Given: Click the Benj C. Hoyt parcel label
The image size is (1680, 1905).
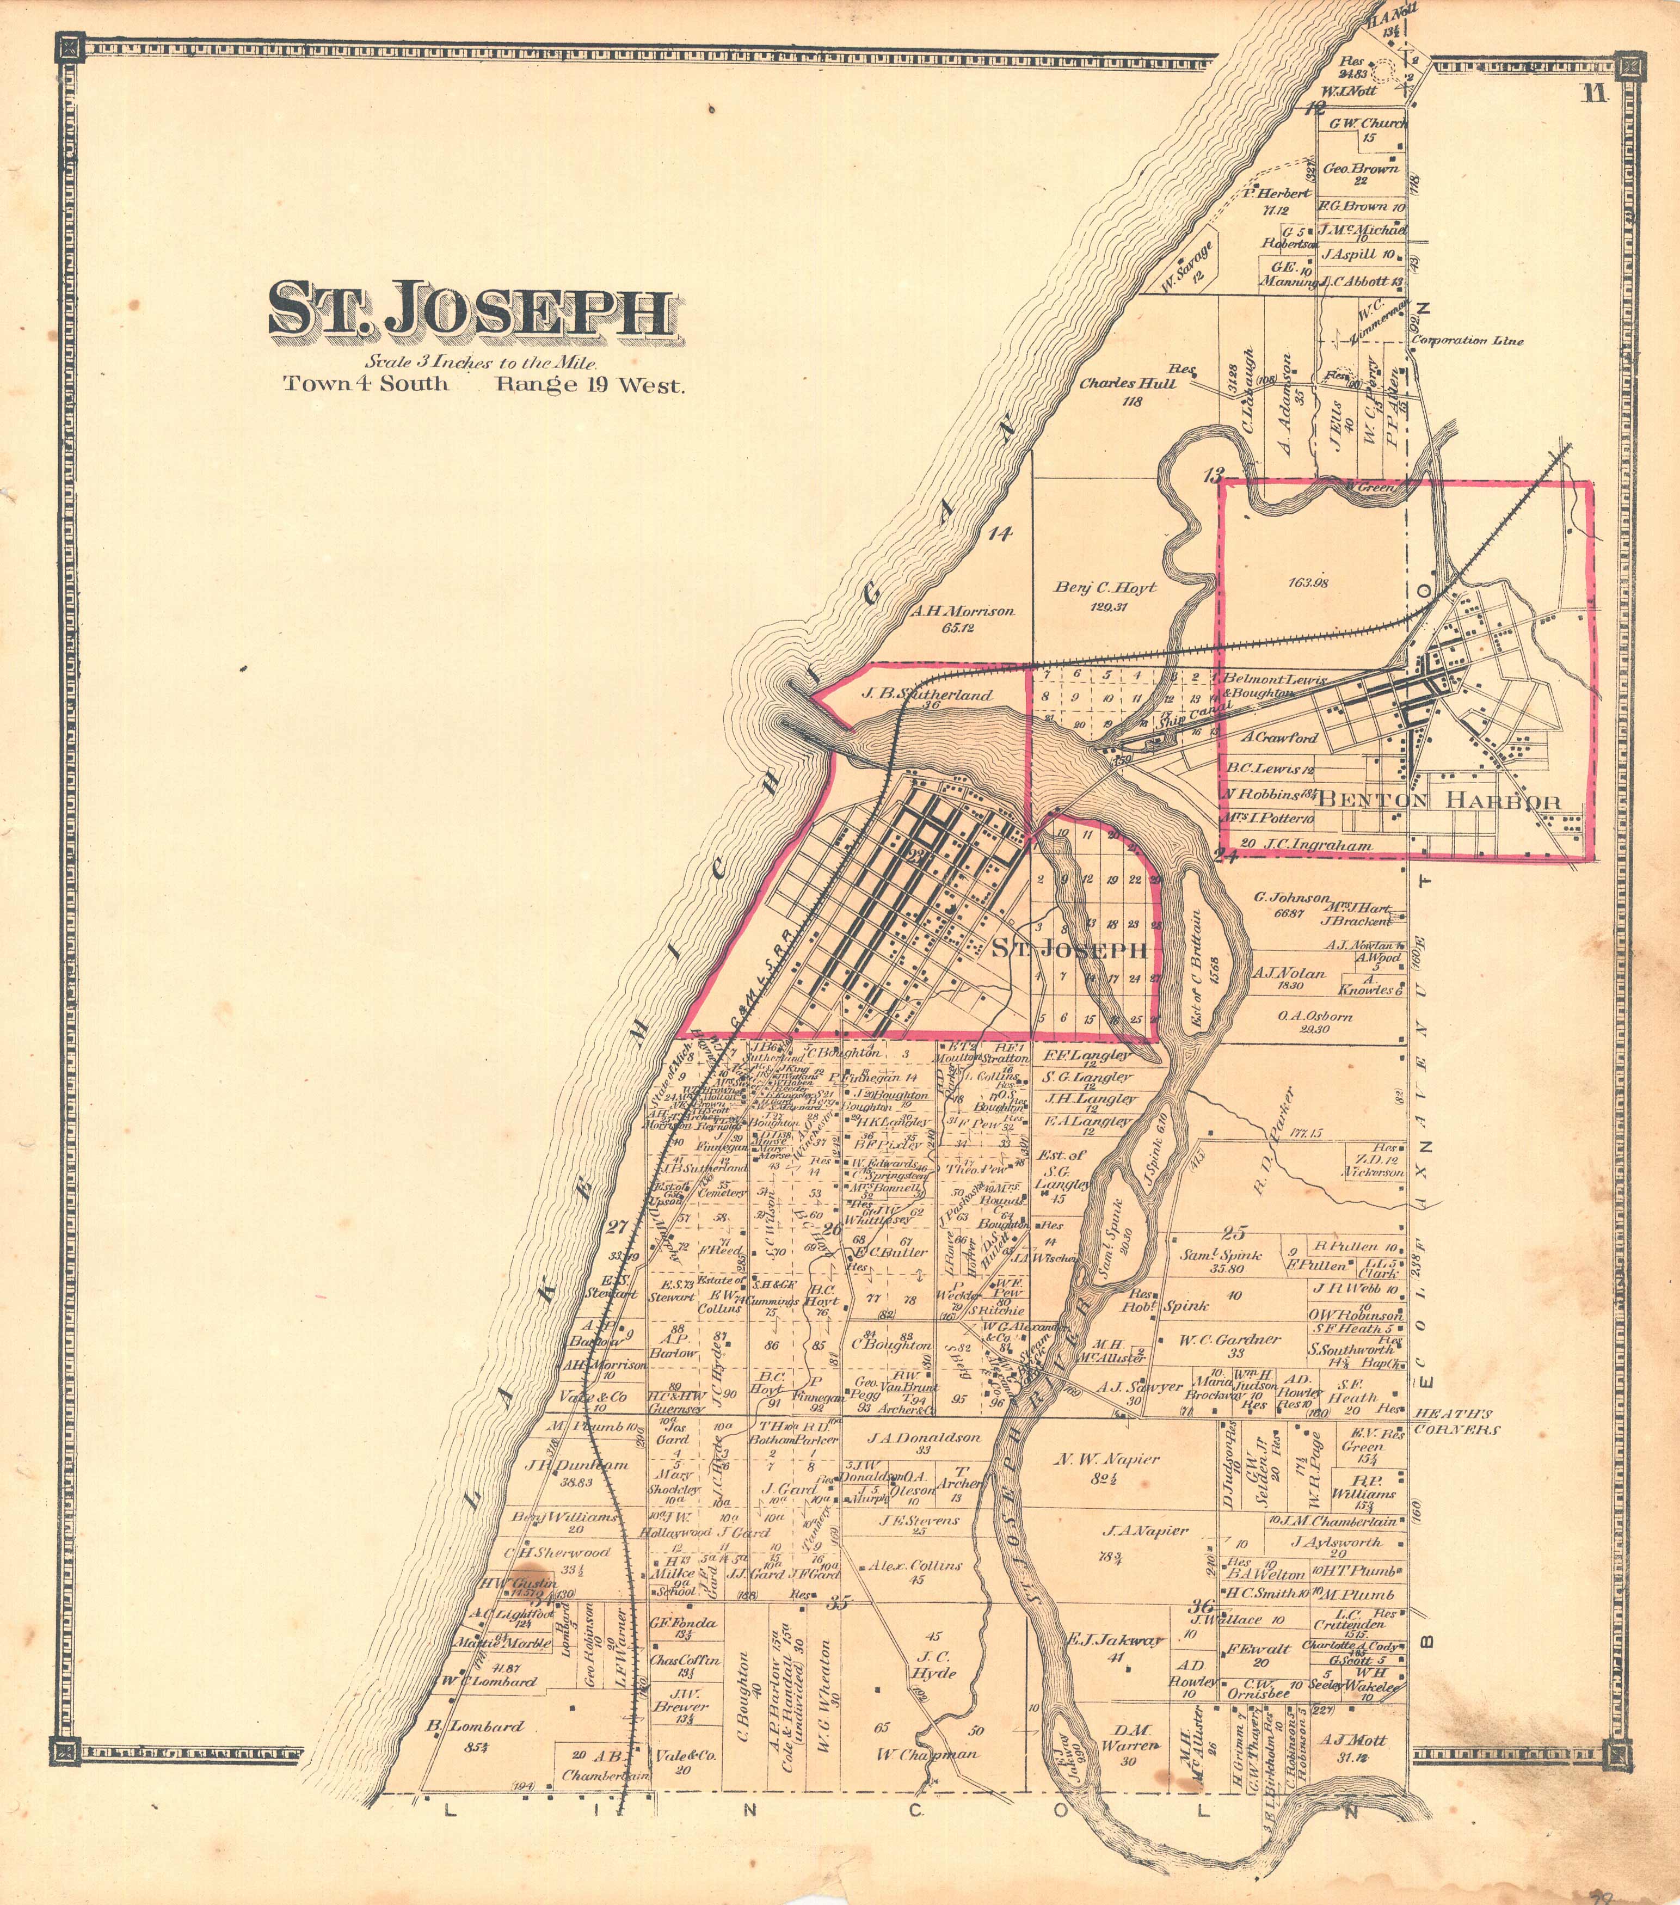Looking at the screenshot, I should click(1105, 588).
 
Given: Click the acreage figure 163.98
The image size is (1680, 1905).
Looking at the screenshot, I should click(1308, 583).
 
